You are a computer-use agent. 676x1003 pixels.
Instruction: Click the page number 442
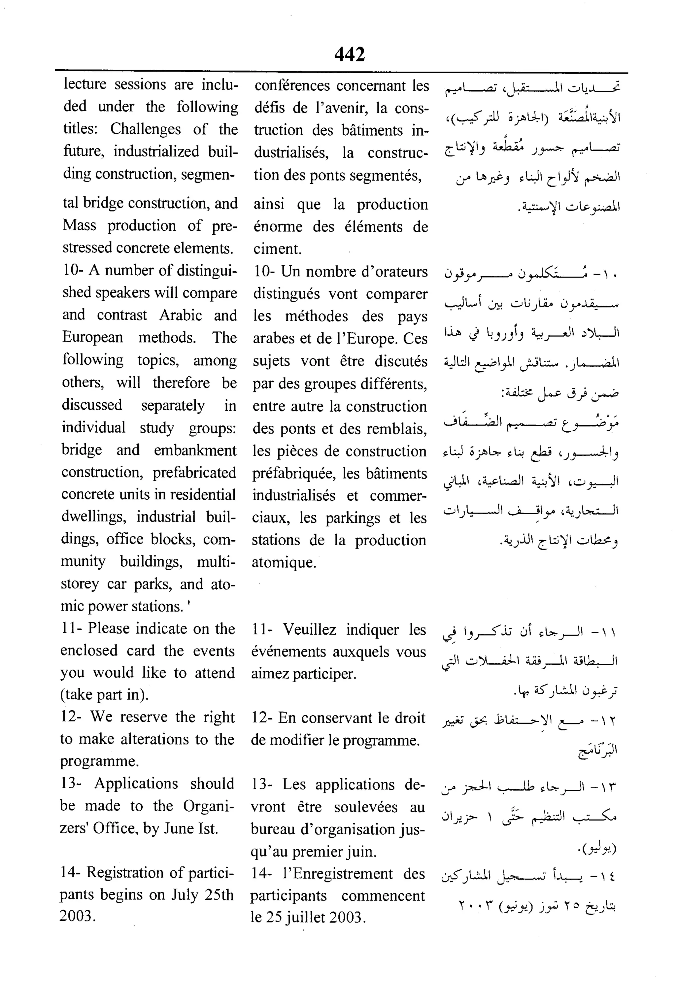pyautogui.click(x=349, y=54)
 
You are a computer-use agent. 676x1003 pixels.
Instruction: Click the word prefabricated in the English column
pyautogui.click(x=194, y=472)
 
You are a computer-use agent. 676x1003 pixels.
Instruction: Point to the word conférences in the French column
pyautogui.click(x=292, y=86)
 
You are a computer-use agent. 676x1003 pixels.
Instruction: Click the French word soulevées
pyautogui.click(x=366, y=807)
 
